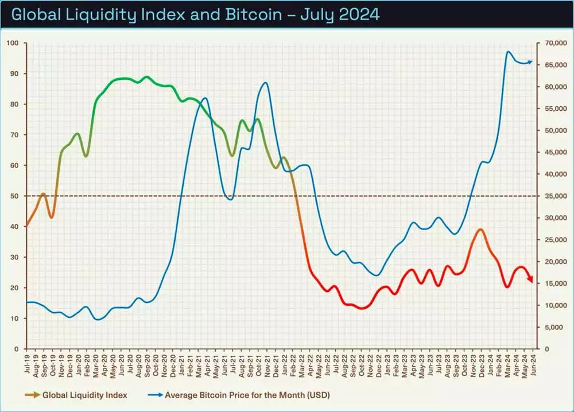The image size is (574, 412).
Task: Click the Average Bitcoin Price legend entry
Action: (247, 395)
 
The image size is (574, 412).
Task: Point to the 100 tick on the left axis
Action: (13, 43)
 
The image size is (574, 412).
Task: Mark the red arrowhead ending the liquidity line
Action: (530, 279)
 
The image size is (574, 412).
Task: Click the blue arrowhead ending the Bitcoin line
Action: (530, 61)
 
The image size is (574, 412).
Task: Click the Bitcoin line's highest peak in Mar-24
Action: (508, 52)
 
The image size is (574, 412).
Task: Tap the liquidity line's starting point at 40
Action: (26, 226)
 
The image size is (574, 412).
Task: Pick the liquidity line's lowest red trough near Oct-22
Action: (362, 308)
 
